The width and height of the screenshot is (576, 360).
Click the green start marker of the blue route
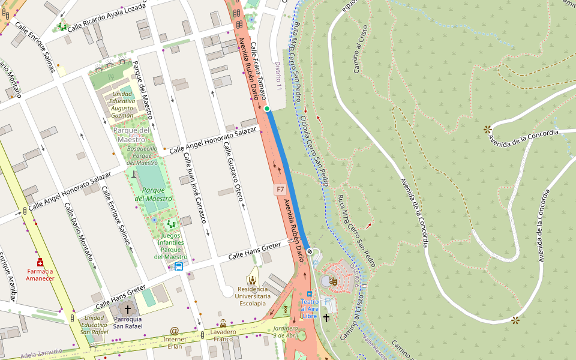tap(266, 109)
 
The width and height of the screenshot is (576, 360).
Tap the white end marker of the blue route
tap(309, 251)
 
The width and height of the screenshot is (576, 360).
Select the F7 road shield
tap(280, 190)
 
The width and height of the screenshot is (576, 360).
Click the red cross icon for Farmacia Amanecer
tap(40, 263)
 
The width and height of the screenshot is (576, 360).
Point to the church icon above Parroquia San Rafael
tap(127, 309)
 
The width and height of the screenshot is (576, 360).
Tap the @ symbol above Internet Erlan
tap(175, 331)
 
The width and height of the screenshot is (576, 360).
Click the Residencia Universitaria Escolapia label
tap(252, 296)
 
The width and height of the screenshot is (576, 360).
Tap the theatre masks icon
tap(334, 281)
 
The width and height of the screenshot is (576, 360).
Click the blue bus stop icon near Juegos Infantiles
tap(179, 266)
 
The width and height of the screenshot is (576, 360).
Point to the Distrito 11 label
tap(278, 76)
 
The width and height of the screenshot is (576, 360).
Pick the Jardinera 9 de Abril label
tap(286, 332)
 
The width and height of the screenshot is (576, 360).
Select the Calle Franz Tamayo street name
tap(258, 66)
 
